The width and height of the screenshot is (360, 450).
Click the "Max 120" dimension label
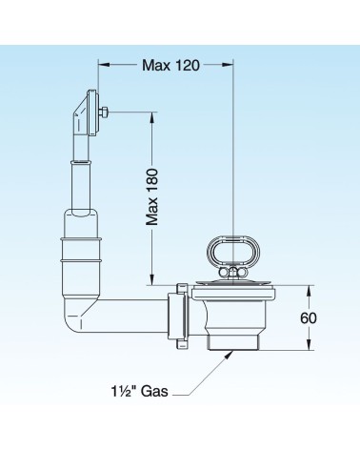click(170, 65)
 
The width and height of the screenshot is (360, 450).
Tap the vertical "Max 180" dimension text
click(152, 197)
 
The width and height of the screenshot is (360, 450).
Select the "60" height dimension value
click(309, 317)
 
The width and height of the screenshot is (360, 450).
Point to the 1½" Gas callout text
click(139, 391)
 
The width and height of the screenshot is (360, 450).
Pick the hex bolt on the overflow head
click(104, 112)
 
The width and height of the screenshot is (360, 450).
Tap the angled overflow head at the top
click(87, 112)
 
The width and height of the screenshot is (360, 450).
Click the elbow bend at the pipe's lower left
click(76, 315)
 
